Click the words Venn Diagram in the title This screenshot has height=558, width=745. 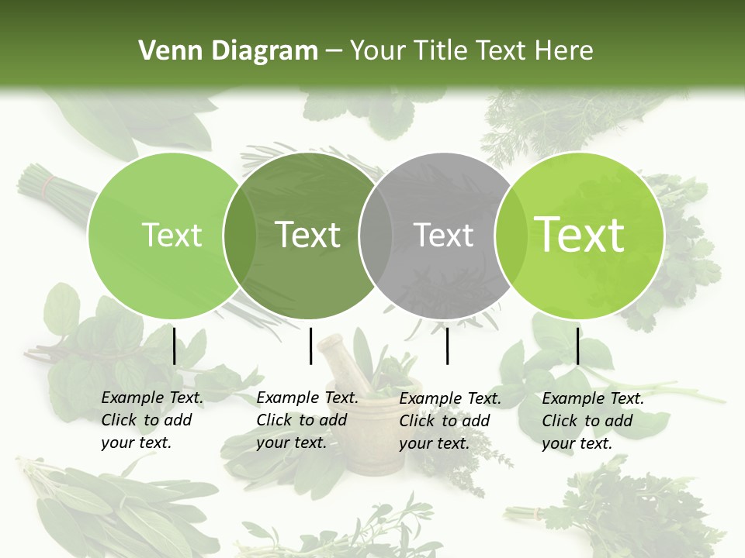[227, 51]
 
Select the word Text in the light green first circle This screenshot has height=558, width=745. [172, 236]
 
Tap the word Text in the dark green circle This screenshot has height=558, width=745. [308, 235]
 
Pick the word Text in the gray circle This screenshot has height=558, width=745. [444, 236]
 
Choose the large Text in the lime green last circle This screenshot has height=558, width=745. [580, 235]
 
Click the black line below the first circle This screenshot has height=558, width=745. [174, 346]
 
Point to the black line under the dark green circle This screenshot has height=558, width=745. [310, 346]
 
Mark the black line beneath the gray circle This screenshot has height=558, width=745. [447, 346]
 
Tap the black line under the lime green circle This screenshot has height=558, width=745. [577, 346]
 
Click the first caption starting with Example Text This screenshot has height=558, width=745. [151, 420]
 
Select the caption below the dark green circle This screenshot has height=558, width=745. [307, 420]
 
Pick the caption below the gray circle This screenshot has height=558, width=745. [449, 421]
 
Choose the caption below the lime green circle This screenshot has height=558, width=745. [592, 421]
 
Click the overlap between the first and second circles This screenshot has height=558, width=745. [240, 236]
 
